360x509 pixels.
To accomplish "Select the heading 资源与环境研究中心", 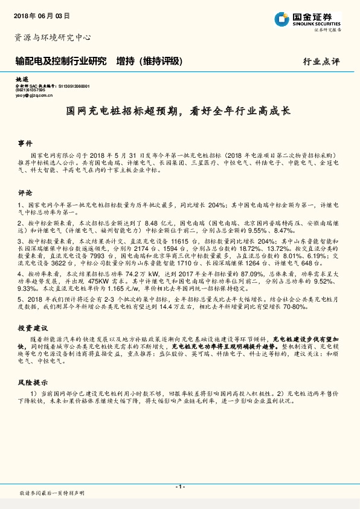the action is [52, 37].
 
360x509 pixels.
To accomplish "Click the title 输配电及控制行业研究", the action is [60, 61].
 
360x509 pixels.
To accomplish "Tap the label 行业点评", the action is [321, 62].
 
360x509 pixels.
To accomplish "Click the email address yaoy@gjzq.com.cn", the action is [35, 95].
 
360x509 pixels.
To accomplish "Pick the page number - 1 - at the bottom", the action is [179, 487].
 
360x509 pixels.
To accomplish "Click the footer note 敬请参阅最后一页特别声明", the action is [52, 493].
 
